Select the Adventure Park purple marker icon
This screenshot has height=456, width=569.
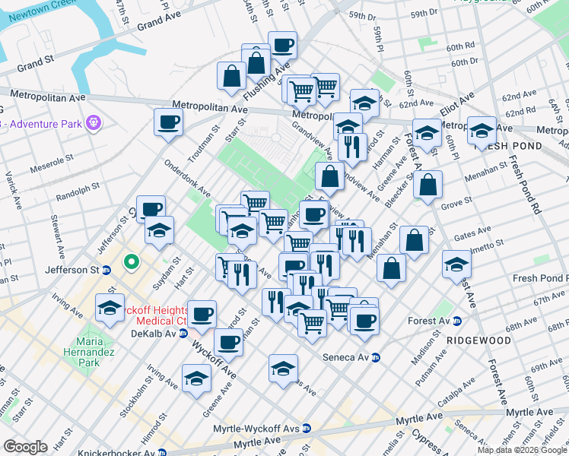point(94,122)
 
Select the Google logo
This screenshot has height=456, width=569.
point(25,446)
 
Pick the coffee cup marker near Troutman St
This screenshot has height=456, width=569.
point(168,122)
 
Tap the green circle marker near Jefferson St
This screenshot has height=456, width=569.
point(132,263)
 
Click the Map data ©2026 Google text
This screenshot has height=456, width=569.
point(522,450)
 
